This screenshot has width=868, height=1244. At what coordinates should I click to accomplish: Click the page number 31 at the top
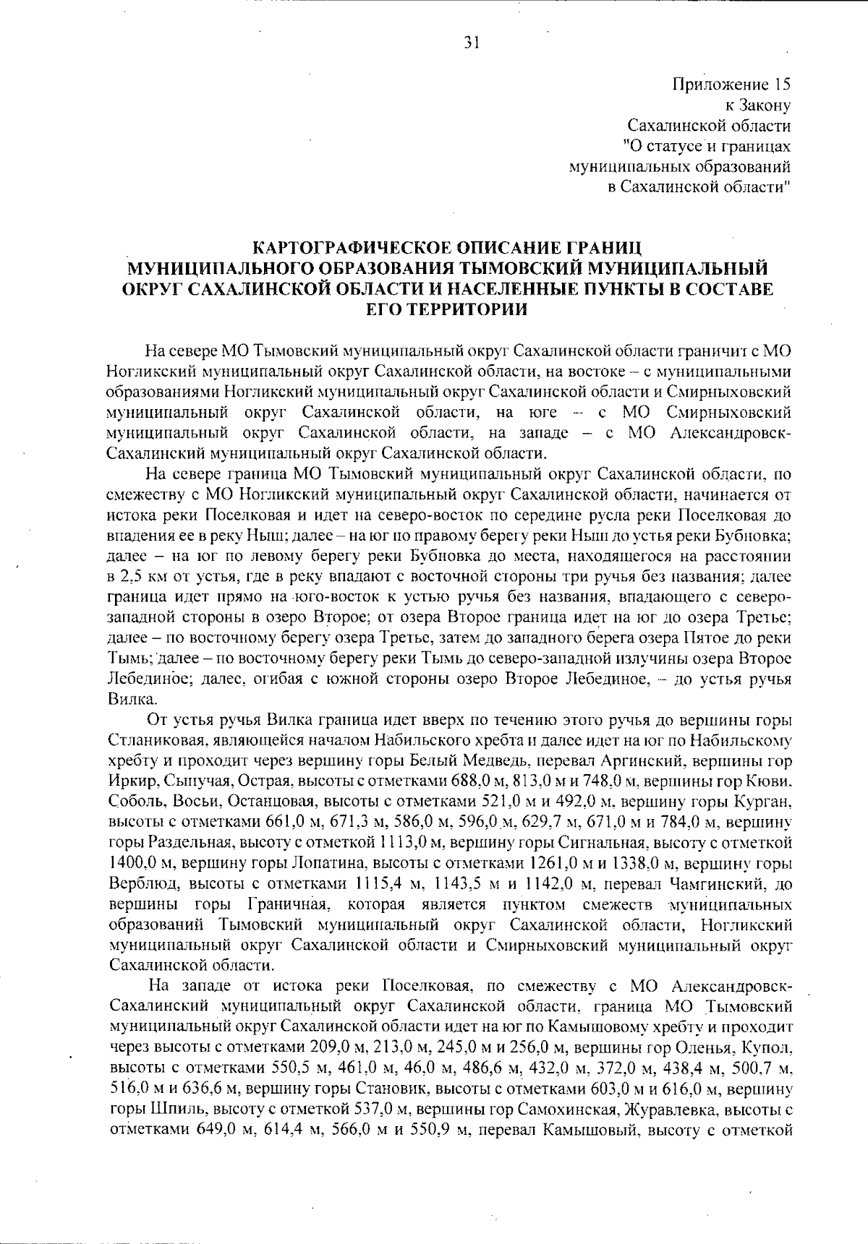tap(472, 43)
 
